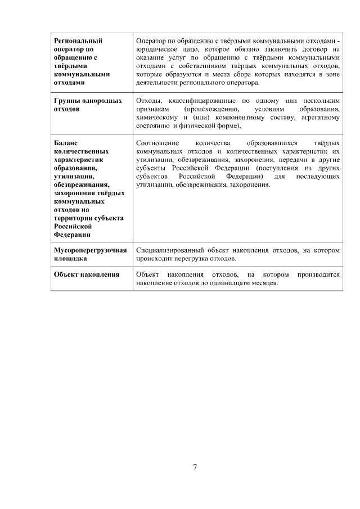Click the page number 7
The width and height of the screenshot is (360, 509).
click(195, 467)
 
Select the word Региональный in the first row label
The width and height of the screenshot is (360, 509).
click(78, 41)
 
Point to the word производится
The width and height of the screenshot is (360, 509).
click(319, 274)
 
